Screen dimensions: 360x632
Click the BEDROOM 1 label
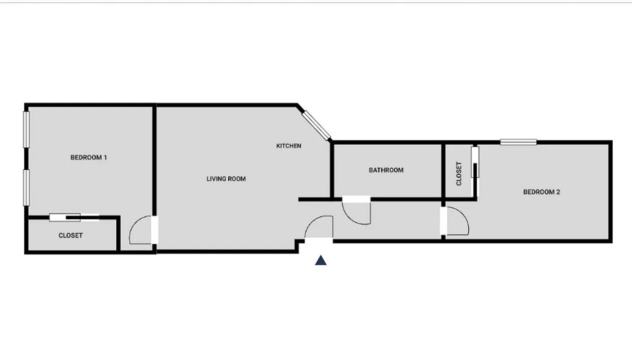click(x=89, y=157)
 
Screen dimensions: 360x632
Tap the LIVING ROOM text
click(x=226, y=179)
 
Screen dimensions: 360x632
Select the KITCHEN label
click(x=289, y=146)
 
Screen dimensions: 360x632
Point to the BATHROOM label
click(x=386, y=170)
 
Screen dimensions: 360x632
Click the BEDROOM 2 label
click(x=541, y=192)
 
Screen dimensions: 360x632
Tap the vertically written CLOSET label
click(x=459, y=173)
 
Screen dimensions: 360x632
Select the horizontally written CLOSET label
click(x=71, y=235)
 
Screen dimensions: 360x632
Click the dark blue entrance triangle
click(x=321, y=260)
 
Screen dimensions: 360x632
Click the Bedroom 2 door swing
click(x=457, y=221)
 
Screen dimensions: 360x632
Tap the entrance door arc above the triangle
click(x=319, y=227)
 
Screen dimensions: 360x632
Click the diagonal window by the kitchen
click(x=316, y=125)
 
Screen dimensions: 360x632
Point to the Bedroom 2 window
click(x=518, y=142)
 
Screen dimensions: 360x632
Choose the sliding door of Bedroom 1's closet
click(x=74, y=217)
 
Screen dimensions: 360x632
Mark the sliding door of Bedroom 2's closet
click(x=474, y=162)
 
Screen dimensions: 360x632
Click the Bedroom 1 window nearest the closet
click(x=27, y=187)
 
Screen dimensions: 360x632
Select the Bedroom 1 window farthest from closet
click(x=27, y=129)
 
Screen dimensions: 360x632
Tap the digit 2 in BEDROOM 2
click(x=558, y=192)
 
